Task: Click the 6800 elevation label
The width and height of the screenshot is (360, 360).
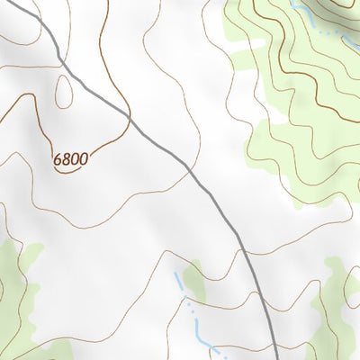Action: (71, 159)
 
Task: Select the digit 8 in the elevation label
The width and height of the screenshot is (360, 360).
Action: (67, 159)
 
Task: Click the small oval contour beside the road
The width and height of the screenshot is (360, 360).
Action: (63, 90)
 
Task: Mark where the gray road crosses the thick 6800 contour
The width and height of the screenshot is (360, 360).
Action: (130, 117)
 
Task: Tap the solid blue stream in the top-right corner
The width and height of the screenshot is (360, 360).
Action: (303, 13)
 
